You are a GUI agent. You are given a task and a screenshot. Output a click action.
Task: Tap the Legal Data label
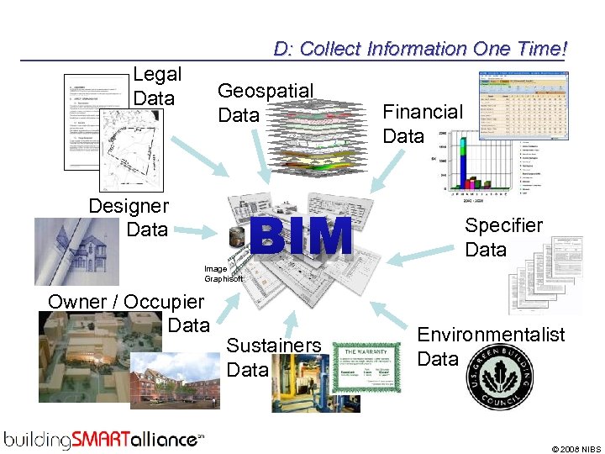point(156,86)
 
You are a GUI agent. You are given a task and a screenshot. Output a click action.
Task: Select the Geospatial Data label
point(265,103)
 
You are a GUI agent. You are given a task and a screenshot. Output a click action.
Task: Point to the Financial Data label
point(422,124)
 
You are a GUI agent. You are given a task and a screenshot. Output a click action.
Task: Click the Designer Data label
point(129,217)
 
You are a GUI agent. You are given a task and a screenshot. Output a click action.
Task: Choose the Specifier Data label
point(503,237)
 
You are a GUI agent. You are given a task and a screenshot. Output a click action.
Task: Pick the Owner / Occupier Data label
point(126,313)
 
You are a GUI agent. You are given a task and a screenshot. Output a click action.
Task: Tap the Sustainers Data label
point(273,357)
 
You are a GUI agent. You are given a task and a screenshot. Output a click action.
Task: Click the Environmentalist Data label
point(491,346)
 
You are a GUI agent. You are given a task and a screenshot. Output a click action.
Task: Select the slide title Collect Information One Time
point(420,49)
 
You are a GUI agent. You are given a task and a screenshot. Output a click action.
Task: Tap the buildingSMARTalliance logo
point(103,438)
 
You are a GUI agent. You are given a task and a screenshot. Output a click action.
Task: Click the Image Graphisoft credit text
point(223,273)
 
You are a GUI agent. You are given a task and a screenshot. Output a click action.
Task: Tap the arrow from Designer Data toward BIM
point(199,228)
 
